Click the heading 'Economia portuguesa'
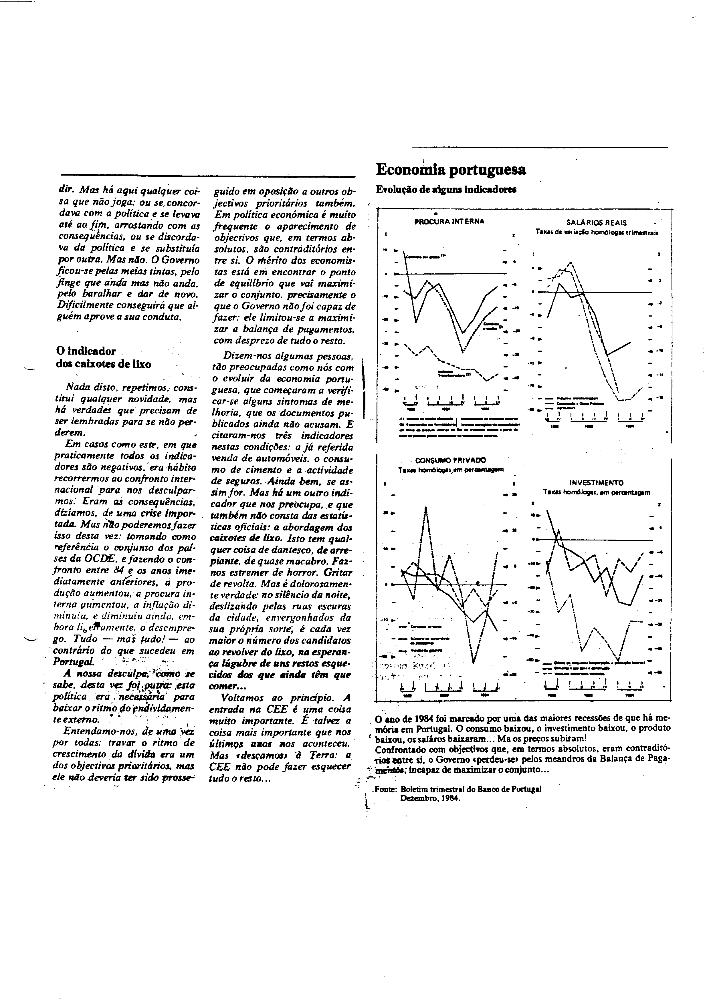[x=451, y=170]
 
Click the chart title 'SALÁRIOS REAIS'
[x=596, y=222]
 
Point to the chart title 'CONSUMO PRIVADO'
[x=451, y=460]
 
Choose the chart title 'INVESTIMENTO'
[x=596, y=483]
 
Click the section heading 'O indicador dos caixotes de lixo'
[x=104, y=357]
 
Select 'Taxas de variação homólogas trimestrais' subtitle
[x=597, y=232]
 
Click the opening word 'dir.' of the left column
[x=66, y=191]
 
